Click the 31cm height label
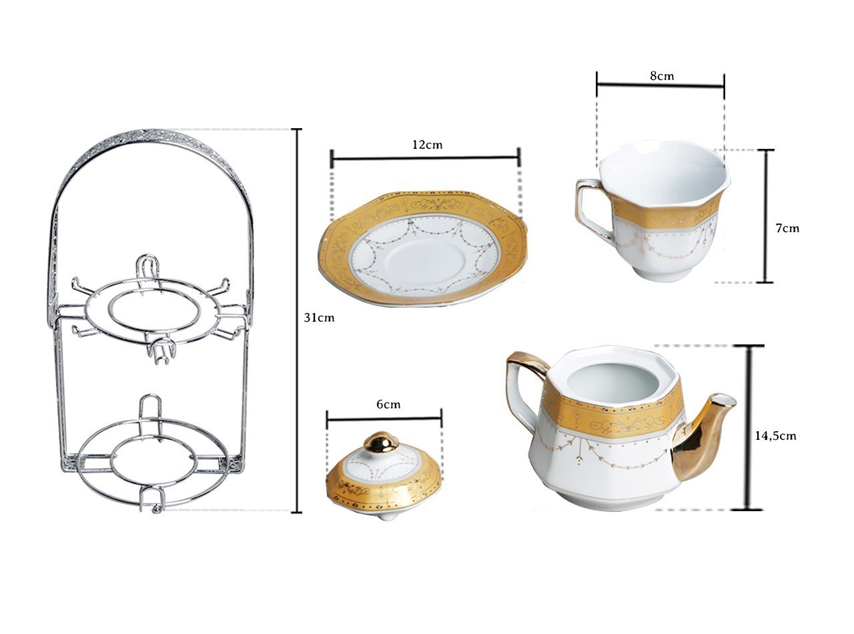tap(319, 318)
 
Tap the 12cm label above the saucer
tap(428, 145)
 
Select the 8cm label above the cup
tap(662, 76)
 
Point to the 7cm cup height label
tap(787, 228)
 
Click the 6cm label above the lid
tap(388, 404)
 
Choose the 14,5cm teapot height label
tap(775, 436)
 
